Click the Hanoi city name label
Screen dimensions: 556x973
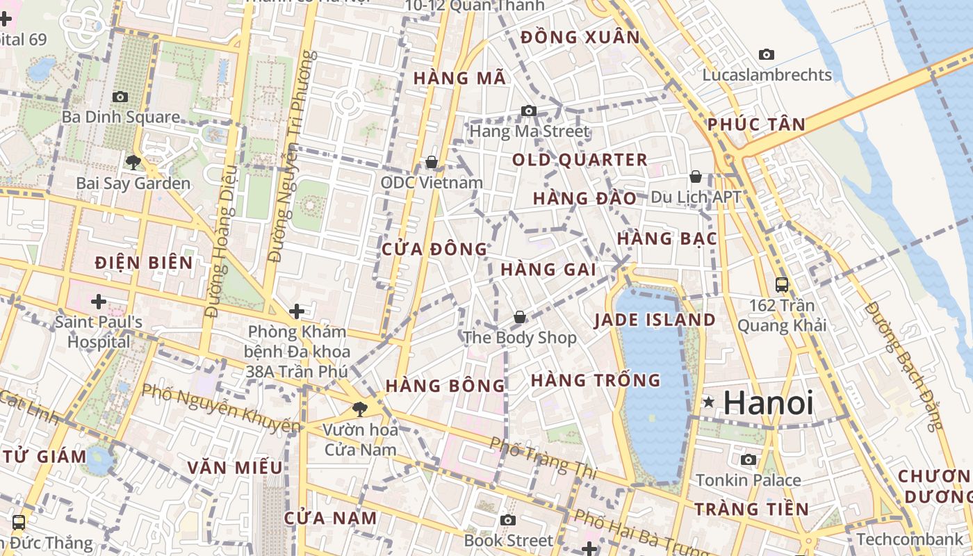coord(768,403)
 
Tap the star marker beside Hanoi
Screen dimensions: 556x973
coord(709,402)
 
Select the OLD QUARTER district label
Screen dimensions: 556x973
coord(580,160)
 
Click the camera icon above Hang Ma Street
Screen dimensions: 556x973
coord(529,111)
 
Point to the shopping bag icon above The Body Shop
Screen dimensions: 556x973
coord(519,318)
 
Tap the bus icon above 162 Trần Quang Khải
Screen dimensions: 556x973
coord(782,285)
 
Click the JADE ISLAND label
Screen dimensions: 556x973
coord(654,320)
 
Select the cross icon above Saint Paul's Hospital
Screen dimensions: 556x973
coord(99,302)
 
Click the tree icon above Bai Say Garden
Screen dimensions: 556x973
coord(133,163)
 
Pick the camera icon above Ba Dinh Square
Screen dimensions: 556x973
coord(120,97)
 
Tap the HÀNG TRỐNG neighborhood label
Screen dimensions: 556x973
coord(596,380)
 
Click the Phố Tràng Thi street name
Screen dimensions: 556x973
coord(543,457)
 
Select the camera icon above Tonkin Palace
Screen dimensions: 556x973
coord(749,459)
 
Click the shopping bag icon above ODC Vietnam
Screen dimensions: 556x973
coord(432,162)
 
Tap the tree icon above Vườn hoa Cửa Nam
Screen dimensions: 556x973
coord(359,409)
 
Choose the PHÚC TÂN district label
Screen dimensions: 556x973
coord(756,125)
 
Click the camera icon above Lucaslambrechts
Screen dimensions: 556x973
coord(767,54)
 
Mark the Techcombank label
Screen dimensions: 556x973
coord(910,539)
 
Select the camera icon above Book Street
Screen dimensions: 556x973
coord(508,520)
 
